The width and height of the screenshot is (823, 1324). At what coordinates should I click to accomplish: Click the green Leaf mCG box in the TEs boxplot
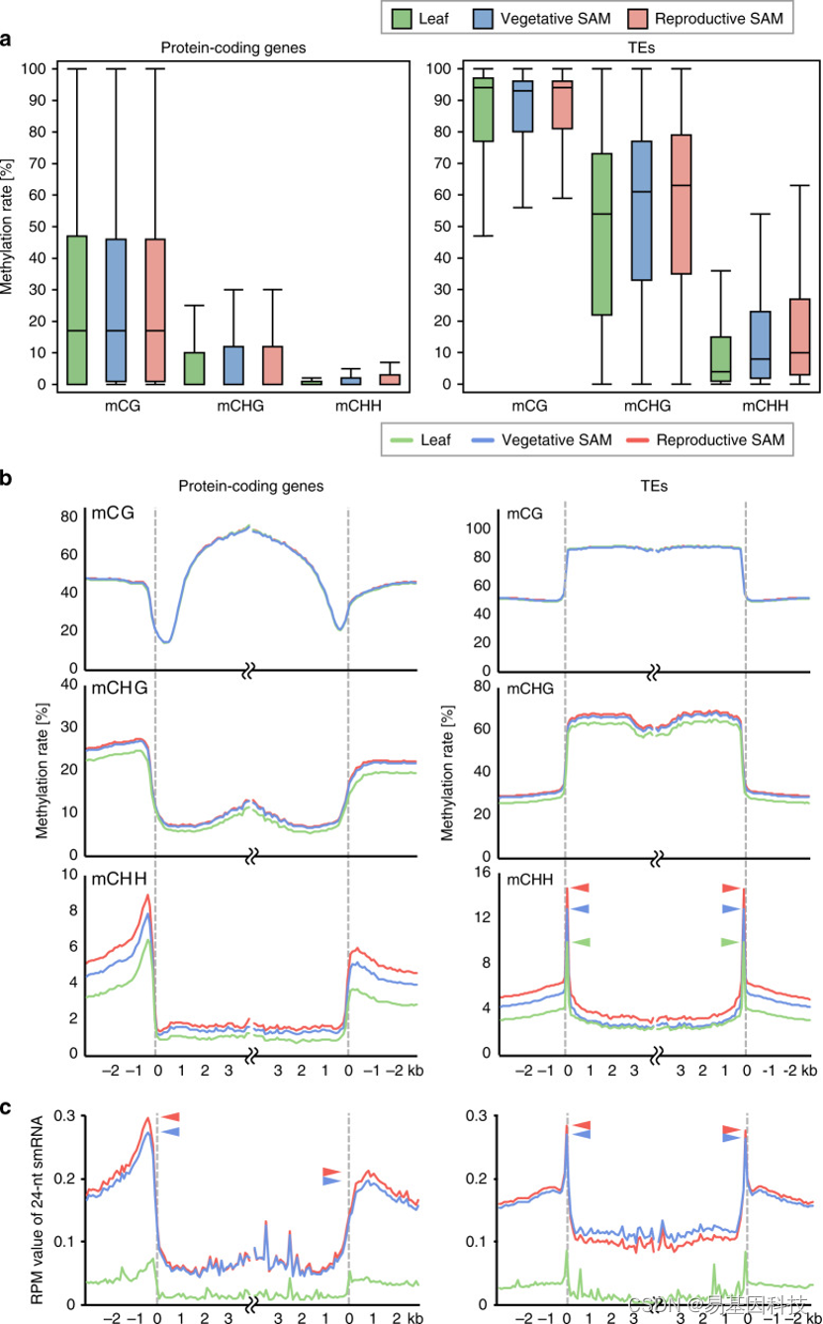[484, 109]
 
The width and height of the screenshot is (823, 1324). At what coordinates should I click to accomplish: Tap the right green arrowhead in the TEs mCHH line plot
[730, 941]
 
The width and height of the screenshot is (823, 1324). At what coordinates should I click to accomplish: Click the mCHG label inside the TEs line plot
[531, 687]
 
